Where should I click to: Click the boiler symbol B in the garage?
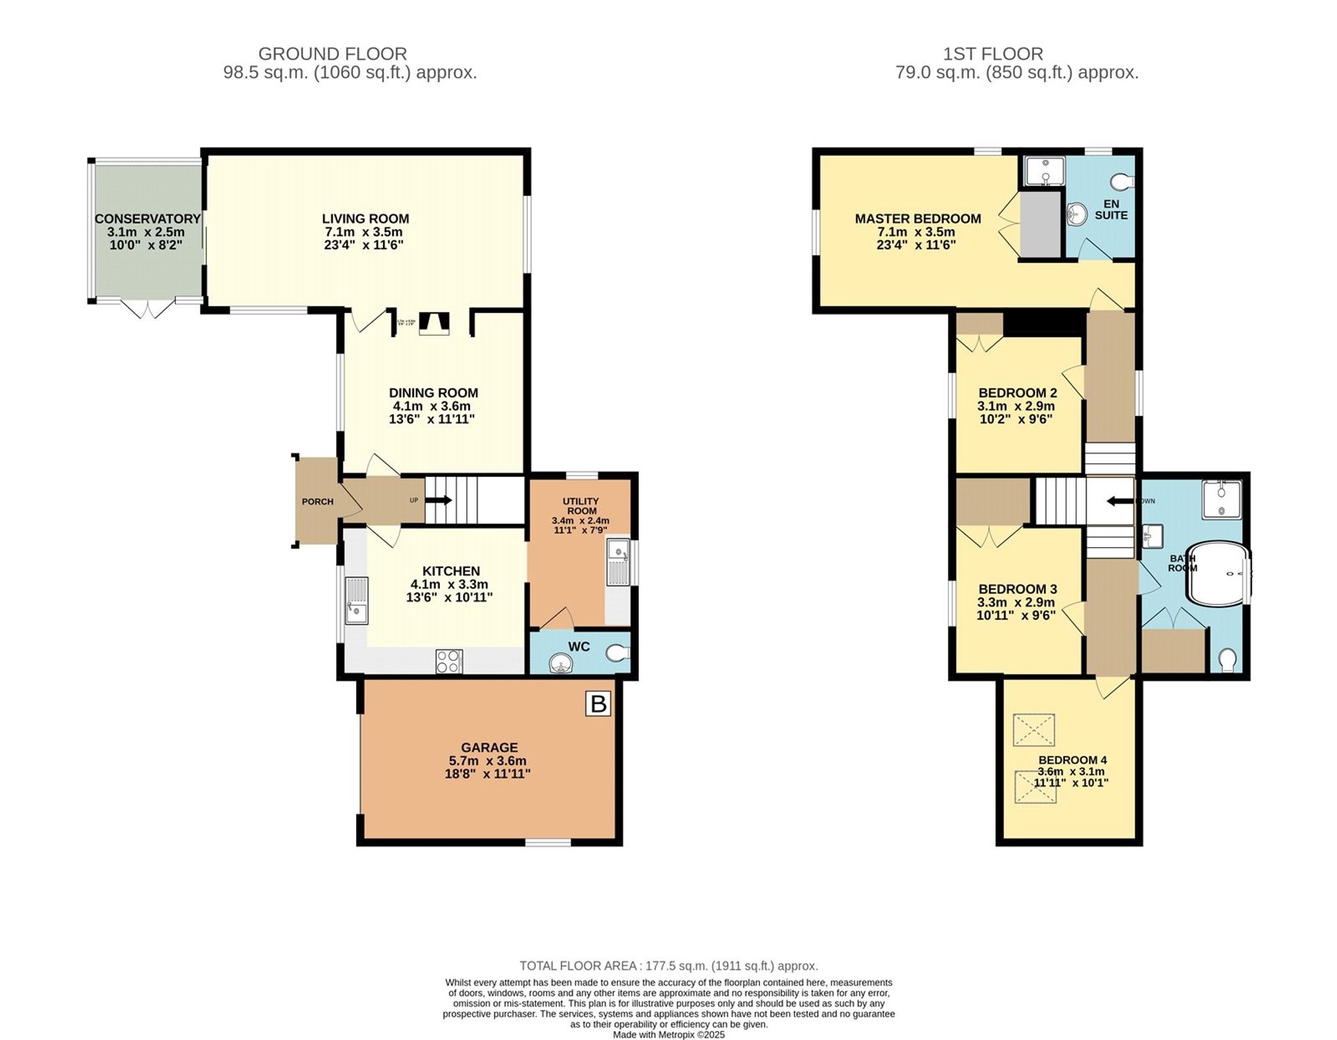[x=598, y=704]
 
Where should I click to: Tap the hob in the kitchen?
[x=449, y=661]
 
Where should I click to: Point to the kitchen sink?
[x=357, y=600]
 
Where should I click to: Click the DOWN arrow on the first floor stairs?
[x=1120, y=501]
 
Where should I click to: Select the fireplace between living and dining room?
[x=434, y=324]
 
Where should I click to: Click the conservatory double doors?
[x=148, y=310]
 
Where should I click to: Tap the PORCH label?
[x=318, y=502]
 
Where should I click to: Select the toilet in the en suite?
[x=1122, y=181]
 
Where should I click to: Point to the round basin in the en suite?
[x=1077, y=214]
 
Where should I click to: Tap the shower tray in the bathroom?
[x=1221, y=500]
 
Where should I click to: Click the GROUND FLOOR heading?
[x=332, y=54]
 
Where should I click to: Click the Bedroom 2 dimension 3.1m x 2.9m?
[x=1015, y=406]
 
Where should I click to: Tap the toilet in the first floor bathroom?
[x=1227, y=660]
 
